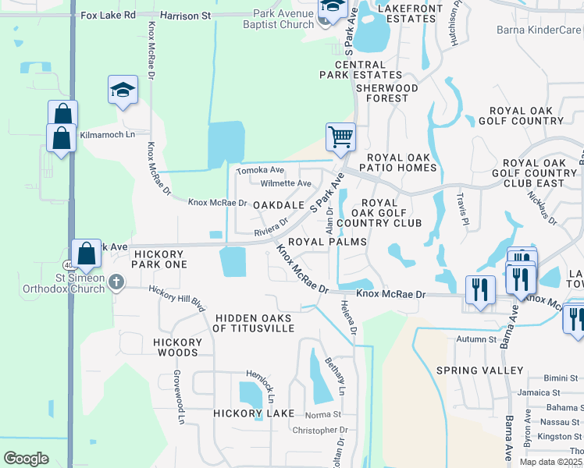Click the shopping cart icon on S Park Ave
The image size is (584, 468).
340,137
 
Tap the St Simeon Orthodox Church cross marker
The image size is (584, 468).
116,282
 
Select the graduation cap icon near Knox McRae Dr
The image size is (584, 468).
123,90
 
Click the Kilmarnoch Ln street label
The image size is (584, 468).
107,134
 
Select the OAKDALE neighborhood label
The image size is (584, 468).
279,205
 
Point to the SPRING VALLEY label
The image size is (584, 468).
480,370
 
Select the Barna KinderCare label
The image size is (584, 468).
539,30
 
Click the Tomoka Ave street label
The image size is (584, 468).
261,170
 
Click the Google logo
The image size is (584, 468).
27,459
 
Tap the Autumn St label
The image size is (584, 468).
477,339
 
